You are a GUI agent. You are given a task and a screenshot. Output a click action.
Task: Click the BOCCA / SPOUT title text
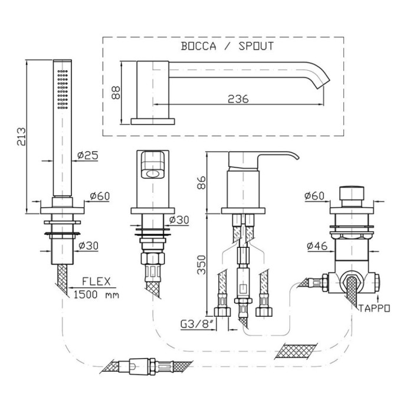[x=227, y=46]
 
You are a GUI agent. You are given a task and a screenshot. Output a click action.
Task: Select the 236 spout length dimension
[x=238, y=99]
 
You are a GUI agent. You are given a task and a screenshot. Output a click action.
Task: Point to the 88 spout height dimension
[x=116, y=93]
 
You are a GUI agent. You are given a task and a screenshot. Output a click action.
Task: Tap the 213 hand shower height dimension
[x=21, y=137]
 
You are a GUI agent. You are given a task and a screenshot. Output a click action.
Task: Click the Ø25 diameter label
[x=88, y=155]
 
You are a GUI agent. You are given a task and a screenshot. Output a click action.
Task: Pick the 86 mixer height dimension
[x=202, y=182]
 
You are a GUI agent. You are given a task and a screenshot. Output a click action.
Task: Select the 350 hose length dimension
[x=202, y=265]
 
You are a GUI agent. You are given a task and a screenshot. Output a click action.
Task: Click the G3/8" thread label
[x=196, y=324]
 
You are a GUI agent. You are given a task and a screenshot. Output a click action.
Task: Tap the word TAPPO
[x=374, y=308]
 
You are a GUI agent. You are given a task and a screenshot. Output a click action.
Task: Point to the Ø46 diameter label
[x=317, y=246]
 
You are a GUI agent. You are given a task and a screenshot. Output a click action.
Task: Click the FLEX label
[x=96, y=281]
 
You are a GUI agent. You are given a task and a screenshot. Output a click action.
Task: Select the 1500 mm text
[x=96, y=294]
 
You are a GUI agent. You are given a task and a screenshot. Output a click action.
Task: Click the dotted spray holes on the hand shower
[x=63, y=89]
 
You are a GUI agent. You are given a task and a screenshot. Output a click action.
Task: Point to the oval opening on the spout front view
[x=152, y=174]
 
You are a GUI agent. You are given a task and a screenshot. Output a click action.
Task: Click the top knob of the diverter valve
[x=352, y=194]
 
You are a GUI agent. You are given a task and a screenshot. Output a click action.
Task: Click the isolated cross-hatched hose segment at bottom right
[x=296, y=352]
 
